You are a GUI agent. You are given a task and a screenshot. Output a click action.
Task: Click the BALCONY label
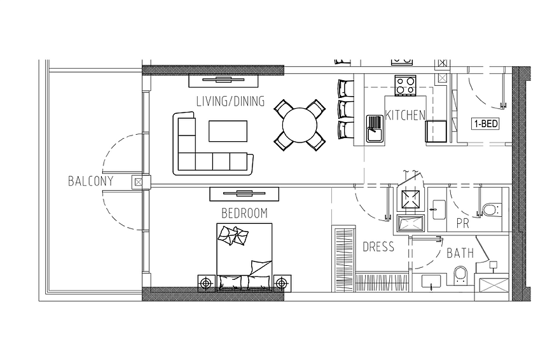(90, 181)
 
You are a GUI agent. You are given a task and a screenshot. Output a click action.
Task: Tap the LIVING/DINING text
(231, 101)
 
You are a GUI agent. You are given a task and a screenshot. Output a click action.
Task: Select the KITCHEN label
(405, 115)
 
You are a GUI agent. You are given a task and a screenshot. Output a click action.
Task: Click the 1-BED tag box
(485, 123)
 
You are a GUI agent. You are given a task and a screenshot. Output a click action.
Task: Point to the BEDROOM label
(245, 213)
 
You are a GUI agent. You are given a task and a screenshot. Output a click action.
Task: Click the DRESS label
(378, 247)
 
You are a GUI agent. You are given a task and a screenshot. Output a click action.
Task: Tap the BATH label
(460, 253)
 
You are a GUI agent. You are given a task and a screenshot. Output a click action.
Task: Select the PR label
(463, 223)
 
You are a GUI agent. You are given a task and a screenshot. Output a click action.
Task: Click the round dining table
(300, 125)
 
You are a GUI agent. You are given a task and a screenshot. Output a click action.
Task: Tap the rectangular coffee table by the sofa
(228, 131)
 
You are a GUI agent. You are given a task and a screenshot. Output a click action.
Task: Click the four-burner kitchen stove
(405, 85)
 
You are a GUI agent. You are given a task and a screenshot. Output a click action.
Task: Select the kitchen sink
(375, 128)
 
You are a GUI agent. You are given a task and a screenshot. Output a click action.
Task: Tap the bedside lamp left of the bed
(207, 284)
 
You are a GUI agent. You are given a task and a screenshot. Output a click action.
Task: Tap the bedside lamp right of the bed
(282, 284)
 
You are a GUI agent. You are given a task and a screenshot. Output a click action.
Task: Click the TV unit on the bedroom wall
(244, 194)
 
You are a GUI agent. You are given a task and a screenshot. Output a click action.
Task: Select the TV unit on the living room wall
(223, 80)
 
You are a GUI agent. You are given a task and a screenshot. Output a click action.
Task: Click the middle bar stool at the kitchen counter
(345, 109)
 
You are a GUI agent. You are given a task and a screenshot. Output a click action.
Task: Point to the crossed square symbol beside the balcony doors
(138, 183)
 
